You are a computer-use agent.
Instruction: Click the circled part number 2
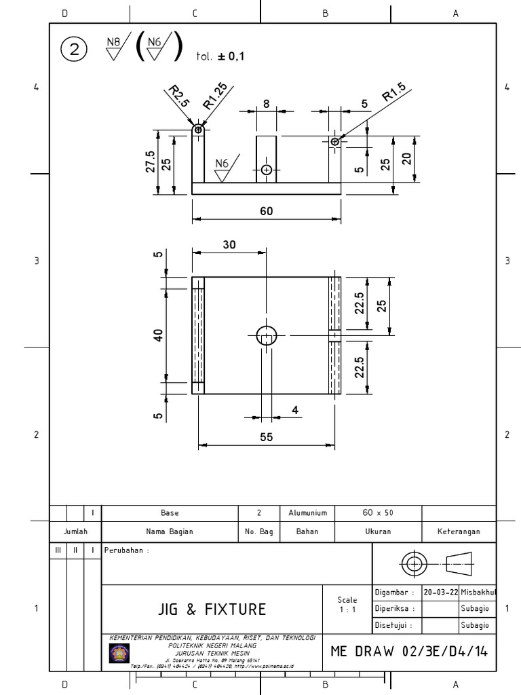click(x=74, y=50)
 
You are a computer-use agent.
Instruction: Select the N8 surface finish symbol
click(x=114, y=50)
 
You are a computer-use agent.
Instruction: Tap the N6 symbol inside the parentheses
click(x=159, y=50)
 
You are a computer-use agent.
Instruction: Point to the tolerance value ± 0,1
click(x=231, y=56)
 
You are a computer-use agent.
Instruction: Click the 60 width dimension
click(x=266, y=210)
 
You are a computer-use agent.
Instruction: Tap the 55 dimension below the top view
click(x=266, y=438)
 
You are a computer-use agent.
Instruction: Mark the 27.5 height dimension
click(x=150, y=163)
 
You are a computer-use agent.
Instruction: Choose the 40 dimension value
click(x=158, y=335)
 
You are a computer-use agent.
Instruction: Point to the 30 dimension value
click(x=229, y=245)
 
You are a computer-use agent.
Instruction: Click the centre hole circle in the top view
click(x=267, y=335)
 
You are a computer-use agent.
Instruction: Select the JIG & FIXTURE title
click(x=212, y=609)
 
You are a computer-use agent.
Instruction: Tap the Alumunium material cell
click(x=307, y=514)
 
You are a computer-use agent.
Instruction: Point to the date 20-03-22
click(x=440, y=592)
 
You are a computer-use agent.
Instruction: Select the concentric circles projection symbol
click(x=413, y=563)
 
